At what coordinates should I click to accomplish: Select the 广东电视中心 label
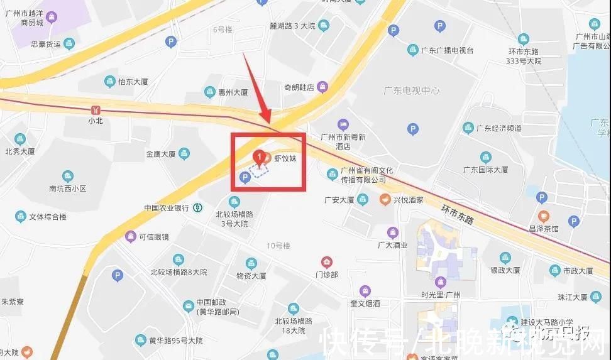(x=412, y=90)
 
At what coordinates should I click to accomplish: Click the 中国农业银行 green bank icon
(x=197, y=207)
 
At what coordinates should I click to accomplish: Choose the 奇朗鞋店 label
(x=299, y=87)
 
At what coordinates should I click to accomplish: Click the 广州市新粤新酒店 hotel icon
(x=343, y=124)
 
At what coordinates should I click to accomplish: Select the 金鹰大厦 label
(x=160, y=153)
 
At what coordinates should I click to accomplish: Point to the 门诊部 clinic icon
(x=327, y=262)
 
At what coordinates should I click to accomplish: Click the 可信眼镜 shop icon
(x=130, y=236)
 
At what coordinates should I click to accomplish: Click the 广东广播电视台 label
(x=447, y=50)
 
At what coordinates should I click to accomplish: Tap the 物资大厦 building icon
(x=251, y=263)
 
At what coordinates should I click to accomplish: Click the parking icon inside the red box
(x=245, y=178)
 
